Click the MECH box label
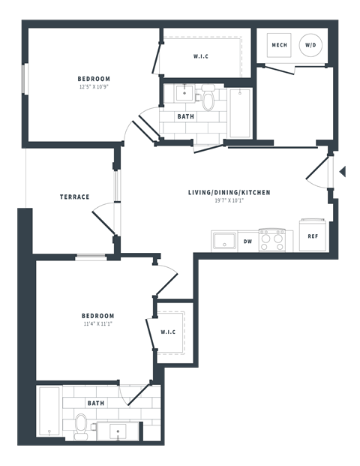click(x=279, y=46)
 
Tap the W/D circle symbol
click(x=310, y=46)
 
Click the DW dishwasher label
click(x=247, y=241)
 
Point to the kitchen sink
click(x=223, y=241)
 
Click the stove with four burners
click(x=272, y=240)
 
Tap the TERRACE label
click(x=75, y=197)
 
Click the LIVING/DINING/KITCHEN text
click(x=229, y=193)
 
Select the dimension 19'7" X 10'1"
click(x=229, y=201)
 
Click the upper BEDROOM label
click(x=94, y=79)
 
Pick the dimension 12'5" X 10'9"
click(x=94, y=87)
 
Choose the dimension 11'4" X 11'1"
click(x=98, y=324)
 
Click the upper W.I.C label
click(x=201, y=56)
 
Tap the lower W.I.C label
click(x=168, y=332)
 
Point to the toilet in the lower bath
click(x=81, y=425)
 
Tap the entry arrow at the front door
click(x=342, y=173)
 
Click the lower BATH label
click(x=96, y=403)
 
